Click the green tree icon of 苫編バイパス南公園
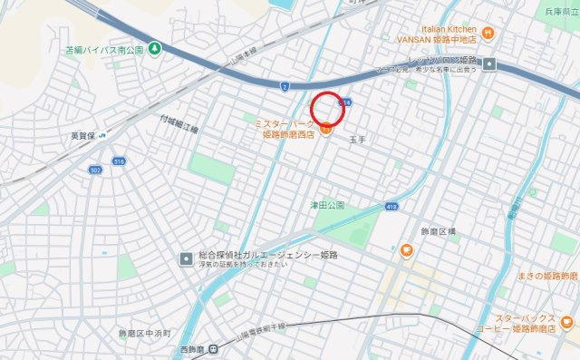(x=155, y=47)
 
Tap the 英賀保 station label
(x=84, y=136)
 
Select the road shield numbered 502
(x=95, y=170)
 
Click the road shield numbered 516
(x=119, y=161)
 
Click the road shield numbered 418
(x=391, y=207)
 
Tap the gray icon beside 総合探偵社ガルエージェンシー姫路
(x=186, y=258)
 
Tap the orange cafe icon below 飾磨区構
(x=407, y=249)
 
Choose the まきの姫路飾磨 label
(x=546, y=275)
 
